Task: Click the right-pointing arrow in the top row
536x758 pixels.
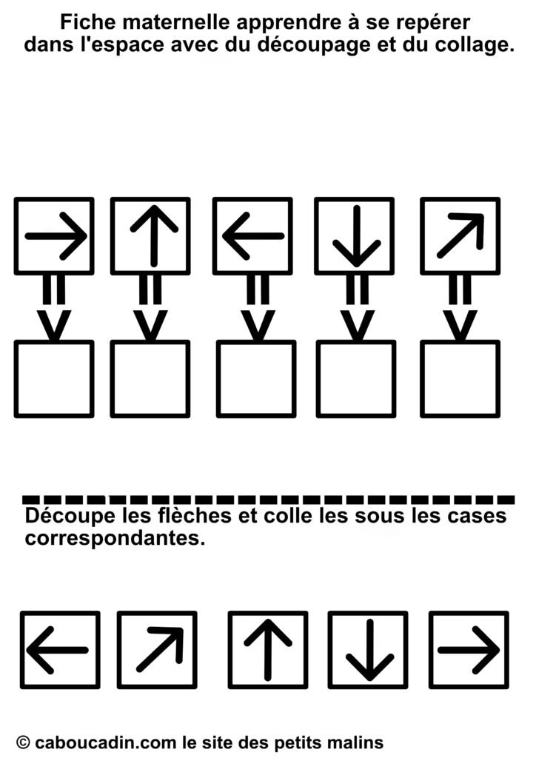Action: (56, 236)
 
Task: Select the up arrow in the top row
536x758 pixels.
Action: (154, 236)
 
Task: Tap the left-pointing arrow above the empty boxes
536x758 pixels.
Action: (253, 236)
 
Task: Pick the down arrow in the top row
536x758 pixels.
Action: (357, 236)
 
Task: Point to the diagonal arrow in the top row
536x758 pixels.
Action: (460, 235)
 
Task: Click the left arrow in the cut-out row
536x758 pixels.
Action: (58, 650)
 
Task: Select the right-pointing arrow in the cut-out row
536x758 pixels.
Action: (469, 650)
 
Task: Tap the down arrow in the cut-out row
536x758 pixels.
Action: (369, 650)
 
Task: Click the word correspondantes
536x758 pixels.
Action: (115, 538)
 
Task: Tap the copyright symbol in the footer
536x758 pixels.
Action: (23, 742)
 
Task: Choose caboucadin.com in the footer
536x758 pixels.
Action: (107, 742)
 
